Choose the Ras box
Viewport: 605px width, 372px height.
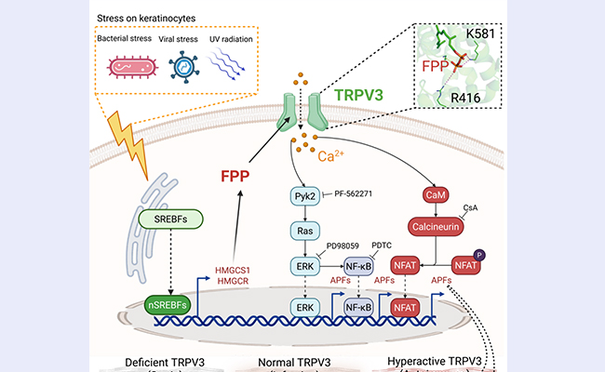tap(303, 228)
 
